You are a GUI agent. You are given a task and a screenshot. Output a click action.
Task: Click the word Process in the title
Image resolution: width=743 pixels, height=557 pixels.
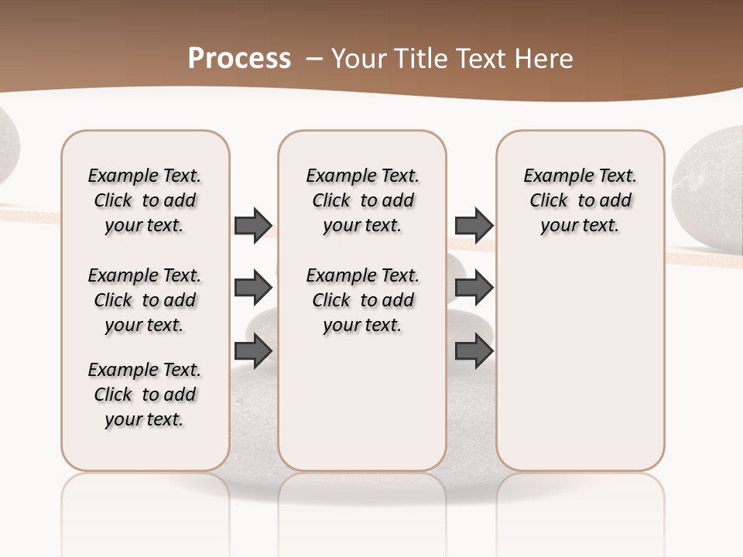coord(239,59)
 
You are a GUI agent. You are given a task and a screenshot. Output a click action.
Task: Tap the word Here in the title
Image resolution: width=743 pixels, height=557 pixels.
coord(546,59)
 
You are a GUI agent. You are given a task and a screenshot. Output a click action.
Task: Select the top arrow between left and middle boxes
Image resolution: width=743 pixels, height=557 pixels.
coord(253,225)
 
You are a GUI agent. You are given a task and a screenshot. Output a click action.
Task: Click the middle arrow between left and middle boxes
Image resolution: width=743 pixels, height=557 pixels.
coord(253,288)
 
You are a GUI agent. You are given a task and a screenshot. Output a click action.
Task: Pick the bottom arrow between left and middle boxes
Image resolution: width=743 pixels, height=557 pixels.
coord(253,350)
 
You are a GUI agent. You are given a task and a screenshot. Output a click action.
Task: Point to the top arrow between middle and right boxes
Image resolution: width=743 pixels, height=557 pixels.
coord(474,225)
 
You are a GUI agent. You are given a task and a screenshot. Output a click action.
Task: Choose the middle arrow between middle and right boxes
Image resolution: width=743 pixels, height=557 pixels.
coord(474,288)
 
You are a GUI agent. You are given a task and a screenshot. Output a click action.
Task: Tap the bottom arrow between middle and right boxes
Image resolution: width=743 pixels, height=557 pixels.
coord(474,350)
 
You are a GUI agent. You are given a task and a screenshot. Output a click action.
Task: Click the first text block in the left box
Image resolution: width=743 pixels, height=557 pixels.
coord(145,200)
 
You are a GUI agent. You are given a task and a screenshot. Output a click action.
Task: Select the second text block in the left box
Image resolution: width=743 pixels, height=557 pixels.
coord(145,300)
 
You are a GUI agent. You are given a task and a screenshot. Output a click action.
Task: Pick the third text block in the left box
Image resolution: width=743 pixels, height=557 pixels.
coord(145,395)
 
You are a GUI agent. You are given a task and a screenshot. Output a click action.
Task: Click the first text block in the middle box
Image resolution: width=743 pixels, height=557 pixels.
coord(363,200)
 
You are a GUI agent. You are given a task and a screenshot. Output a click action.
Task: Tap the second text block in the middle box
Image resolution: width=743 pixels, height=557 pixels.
coord(363,300)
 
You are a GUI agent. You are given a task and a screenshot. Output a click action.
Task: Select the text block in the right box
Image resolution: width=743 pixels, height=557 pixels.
coord(580,200)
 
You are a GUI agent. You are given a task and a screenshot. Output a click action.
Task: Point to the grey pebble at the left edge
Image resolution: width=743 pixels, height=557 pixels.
coord(6,147)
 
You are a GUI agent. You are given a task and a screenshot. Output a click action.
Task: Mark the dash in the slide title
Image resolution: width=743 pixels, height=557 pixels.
coord(314,59)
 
